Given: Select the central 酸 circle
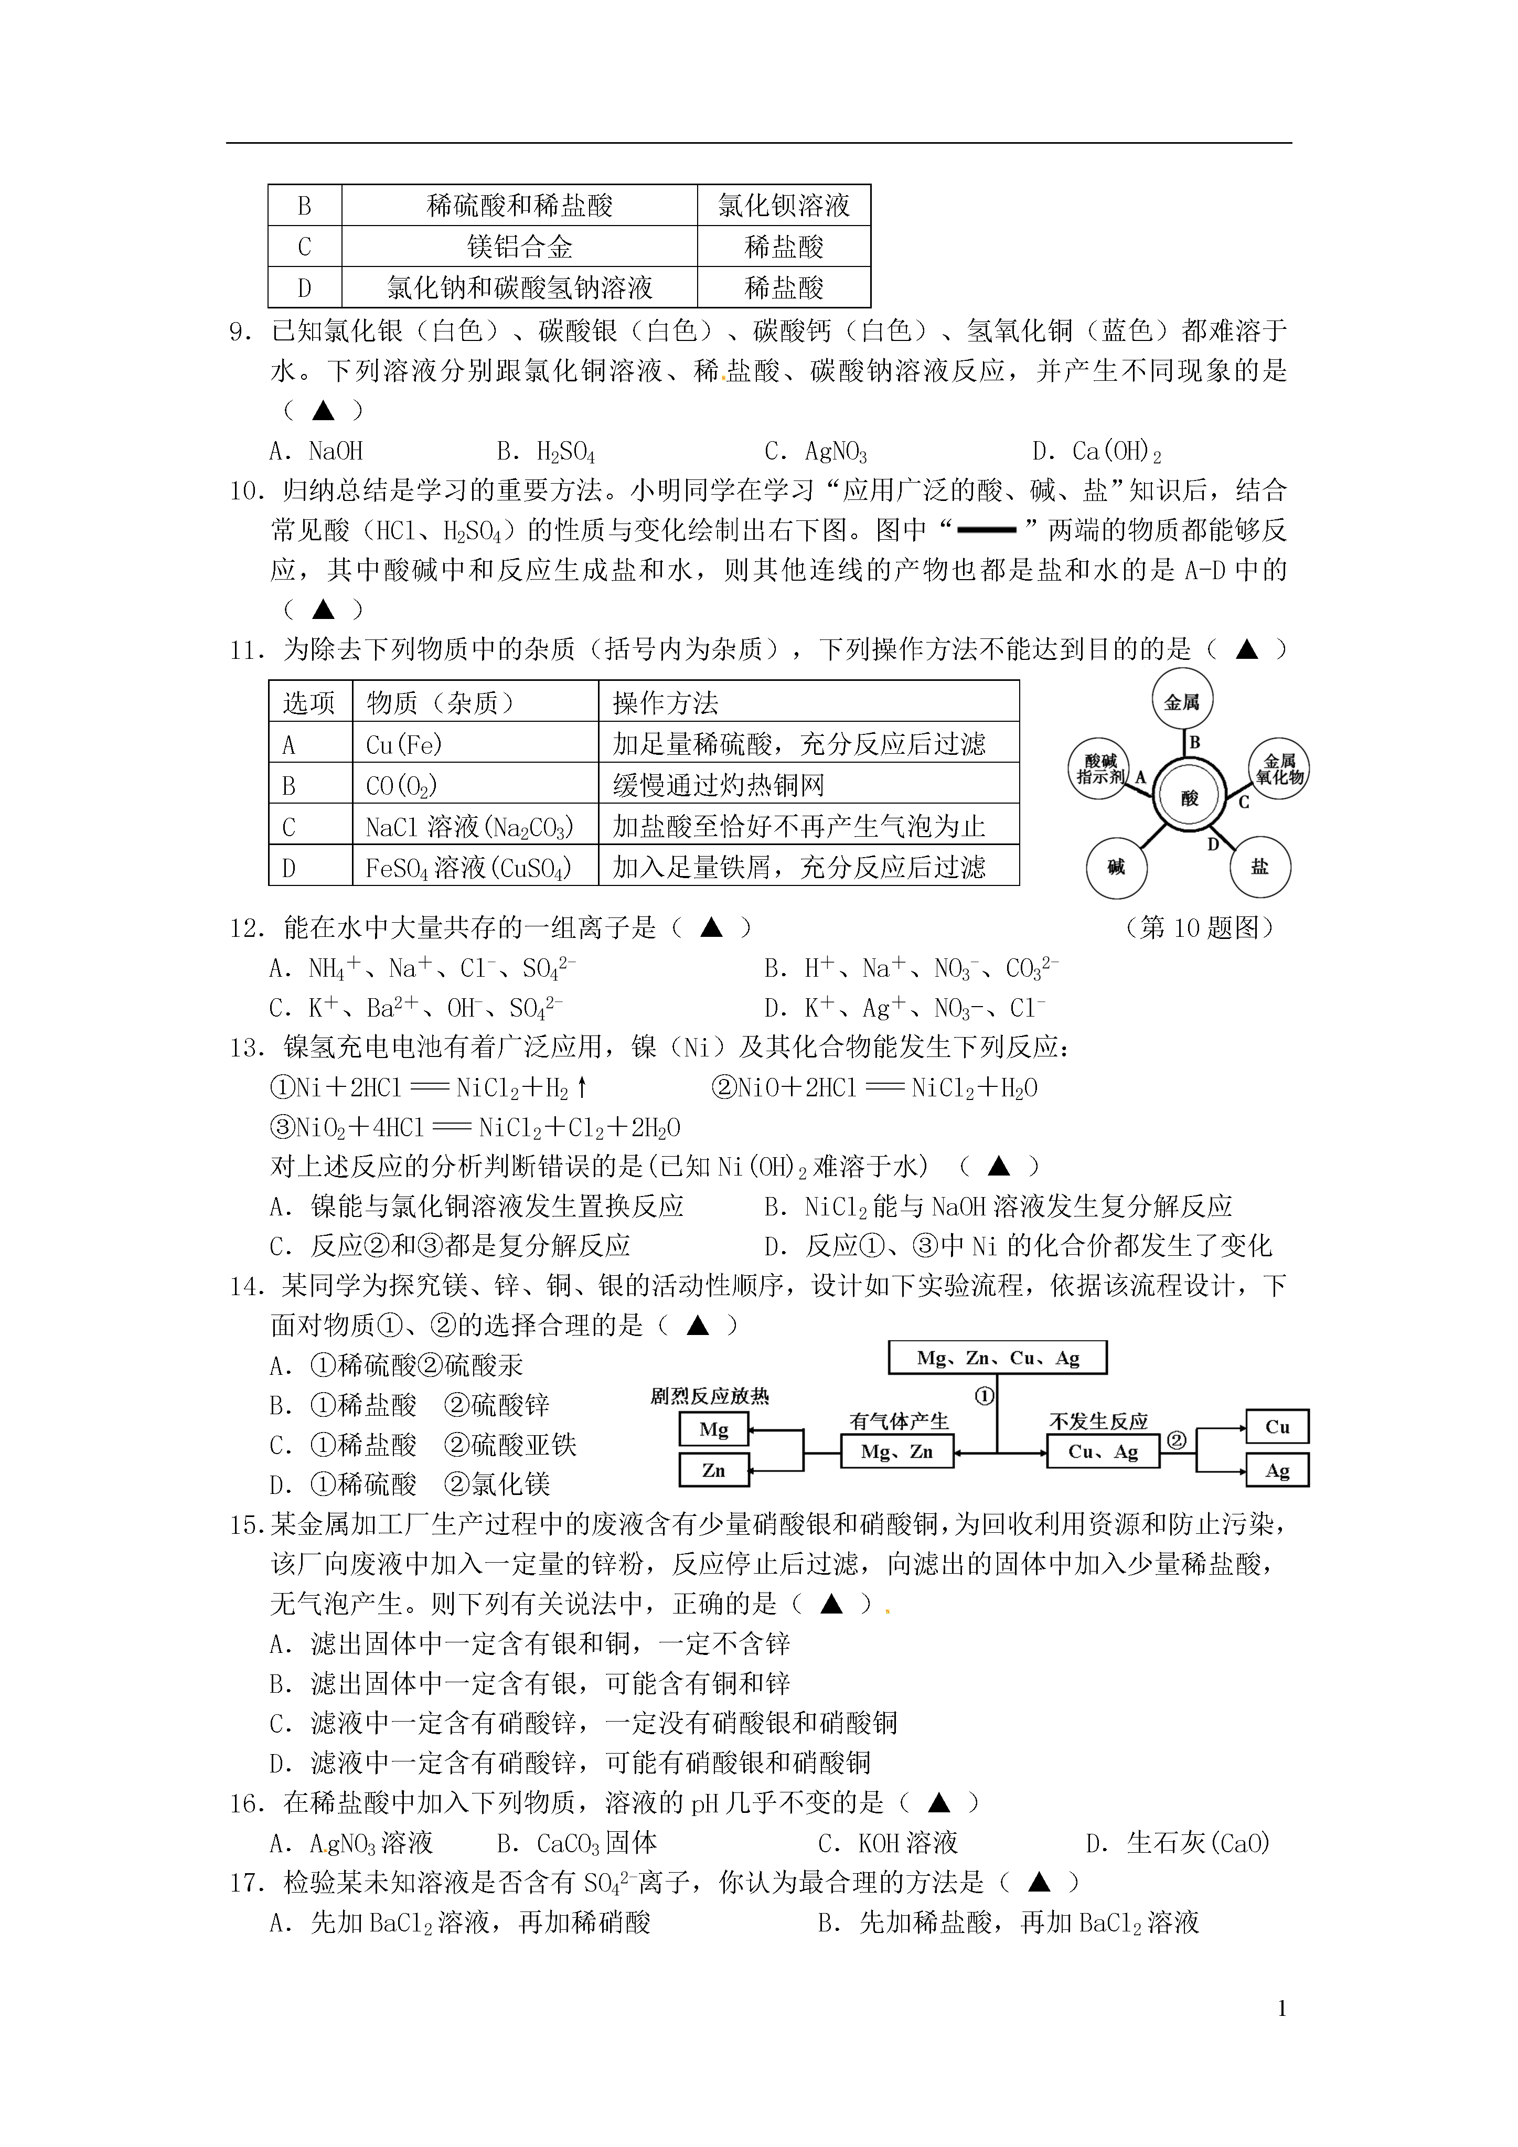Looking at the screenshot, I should tap(1189, 798).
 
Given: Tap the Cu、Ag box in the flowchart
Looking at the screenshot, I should tap(1103, 1452).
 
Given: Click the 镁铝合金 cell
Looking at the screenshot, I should tap(519, 247).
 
